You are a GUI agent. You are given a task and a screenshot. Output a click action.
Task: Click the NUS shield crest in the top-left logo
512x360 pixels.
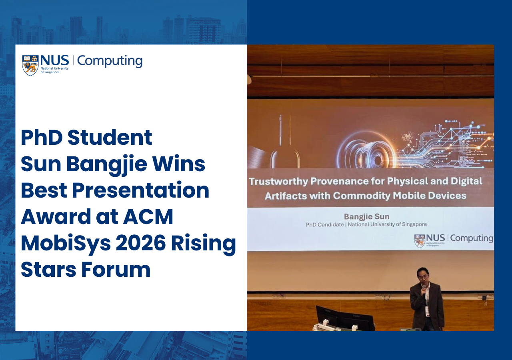[x=30, y=65]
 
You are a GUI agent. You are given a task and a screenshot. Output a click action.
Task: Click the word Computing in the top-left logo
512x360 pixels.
[x=110, y=61]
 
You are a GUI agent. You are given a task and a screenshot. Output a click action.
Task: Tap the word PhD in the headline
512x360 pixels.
[x=42, y=138]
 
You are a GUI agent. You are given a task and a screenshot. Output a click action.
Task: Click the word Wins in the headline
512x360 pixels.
[x=178, y=164]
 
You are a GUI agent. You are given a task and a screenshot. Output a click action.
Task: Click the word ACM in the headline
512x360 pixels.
[x=148, y=217]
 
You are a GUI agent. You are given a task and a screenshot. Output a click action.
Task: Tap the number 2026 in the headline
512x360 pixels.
[x=140, y=243]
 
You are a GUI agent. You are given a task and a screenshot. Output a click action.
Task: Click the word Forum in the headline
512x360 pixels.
[x=116, y=270]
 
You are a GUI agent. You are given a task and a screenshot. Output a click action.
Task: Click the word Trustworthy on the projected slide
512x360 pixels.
[x=278, y=182]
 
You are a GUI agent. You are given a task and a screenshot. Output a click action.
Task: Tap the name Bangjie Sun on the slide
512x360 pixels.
[x=367, y=217]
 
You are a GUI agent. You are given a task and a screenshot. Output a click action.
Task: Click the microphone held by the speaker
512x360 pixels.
[x=424, y=291]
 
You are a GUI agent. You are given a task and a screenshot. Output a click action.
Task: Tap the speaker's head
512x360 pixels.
[x=422, y=276]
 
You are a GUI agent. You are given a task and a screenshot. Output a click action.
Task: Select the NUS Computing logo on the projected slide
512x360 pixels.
[x=454, y=240]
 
